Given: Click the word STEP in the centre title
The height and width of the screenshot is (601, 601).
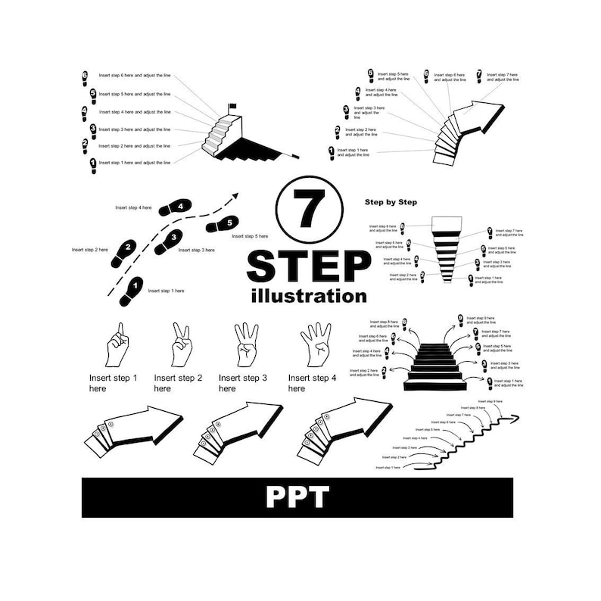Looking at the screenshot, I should tap(308, 266).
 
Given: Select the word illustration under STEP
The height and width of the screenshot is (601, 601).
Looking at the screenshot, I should tap(308, 296).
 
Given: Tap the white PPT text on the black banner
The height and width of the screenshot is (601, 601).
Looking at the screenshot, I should tap(297, 497).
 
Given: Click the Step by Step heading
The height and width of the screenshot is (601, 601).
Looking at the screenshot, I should tap(391, 202).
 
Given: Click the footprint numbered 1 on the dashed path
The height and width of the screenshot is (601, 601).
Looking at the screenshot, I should tap(132, 291).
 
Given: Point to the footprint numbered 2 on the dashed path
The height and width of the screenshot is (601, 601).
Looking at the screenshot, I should tap(125, 252).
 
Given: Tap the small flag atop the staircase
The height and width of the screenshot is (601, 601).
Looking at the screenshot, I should tap(232, 106).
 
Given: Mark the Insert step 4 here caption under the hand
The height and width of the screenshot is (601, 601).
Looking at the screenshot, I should tap(309, 383).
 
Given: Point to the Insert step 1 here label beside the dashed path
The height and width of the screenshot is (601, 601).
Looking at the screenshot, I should tap(166, 291).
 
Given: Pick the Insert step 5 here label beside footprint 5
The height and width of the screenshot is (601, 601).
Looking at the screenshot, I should tap(250, 236).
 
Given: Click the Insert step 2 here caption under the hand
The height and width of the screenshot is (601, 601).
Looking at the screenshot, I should tap(178, 383).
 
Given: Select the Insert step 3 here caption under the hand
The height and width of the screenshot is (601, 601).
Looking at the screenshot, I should tap(242, 383).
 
